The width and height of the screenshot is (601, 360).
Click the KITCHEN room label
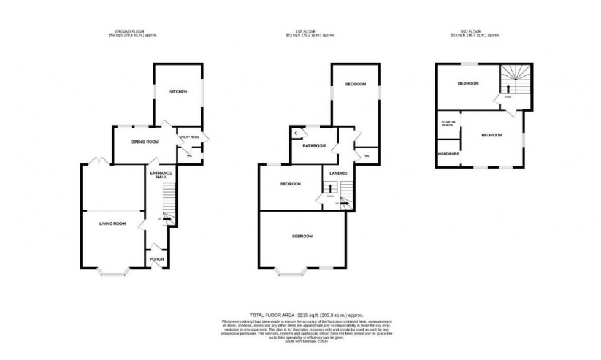point(178,92)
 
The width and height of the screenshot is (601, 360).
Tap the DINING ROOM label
point(145,142)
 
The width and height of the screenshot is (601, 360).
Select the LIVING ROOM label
point(112,224)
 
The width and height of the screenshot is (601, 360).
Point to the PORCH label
point(156,259)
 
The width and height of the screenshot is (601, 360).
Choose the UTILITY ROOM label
point(189,137)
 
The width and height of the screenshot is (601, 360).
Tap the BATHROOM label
point(313,146)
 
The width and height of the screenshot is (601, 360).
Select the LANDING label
point(338,174)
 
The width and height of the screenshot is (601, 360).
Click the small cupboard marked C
point(296,132)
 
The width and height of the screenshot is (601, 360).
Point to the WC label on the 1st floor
point(367,156)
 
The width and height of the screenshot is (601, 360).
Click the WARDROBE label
point(448,154)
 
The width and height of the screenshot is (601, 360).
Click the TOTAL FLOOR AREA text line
point(300,313)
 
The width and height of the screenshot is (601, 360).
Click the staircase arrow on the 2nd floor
point(508,90)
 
